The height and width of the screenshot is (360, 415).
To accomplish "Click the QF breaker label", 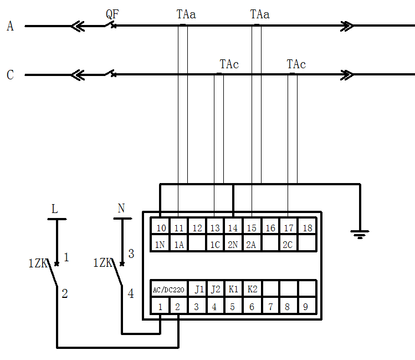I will coord(112,14).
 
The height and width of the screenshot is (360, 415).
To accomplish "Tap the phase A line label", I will coord(10,26).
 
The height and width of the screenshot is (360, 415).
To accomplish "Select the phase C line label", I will coord(10,75).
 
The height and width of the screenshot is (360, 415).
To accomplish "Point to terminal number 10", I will coord(161,228).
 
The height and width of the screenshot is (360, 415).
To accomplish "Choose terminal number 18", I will coord(306,228).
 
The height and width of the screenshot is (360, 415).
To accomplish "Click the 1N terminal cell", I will coord(161,244).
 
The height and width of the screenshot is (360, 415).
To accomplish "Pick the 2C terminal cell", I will coord(288,244).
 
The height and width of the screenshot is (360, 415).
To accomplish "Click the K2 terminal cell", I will coord(252,290).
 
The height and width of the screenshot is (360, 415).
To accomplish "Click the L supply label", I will coord(54,209).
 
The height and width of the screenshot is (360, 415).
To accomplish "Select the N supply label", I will coord(121,209).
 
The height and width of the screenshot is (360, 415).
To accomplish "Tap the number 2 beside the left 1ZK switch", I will coord(64,294).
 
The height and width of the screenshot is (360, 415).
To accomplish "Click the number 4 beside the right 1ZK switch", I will coord(131,294).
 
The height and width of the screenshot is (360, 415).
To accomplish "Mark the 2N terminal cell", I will coord(233,244).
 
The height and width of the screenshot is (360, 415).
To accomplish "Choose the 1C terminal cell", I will coord(214,244).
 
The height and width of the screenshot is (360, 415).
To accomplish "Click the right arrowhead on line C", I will coord(347,75).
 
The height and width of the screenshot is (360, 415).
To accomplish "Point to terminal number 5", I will coord(233,306).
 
